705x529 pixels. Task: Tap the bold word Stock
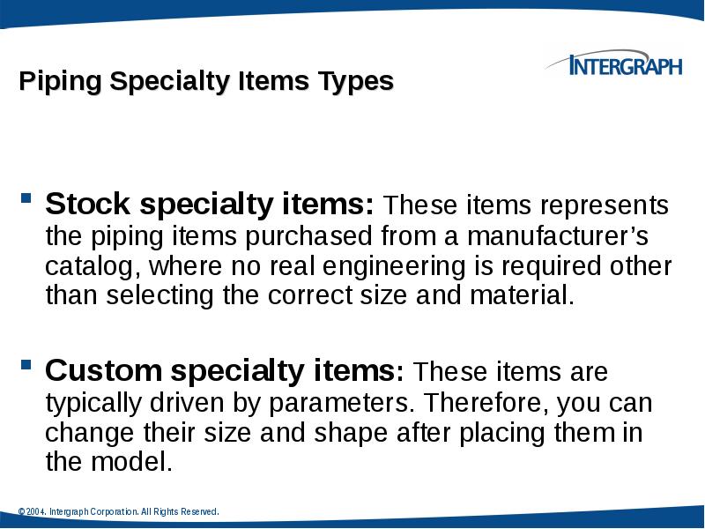tap(86, 205)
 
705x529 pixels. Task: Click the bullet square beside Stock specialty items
tap(26, 197)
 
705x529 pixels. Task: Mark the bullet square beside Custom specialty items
tap(26, 362)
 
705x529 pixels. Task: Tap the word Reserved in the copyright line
tap(198, 512)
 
